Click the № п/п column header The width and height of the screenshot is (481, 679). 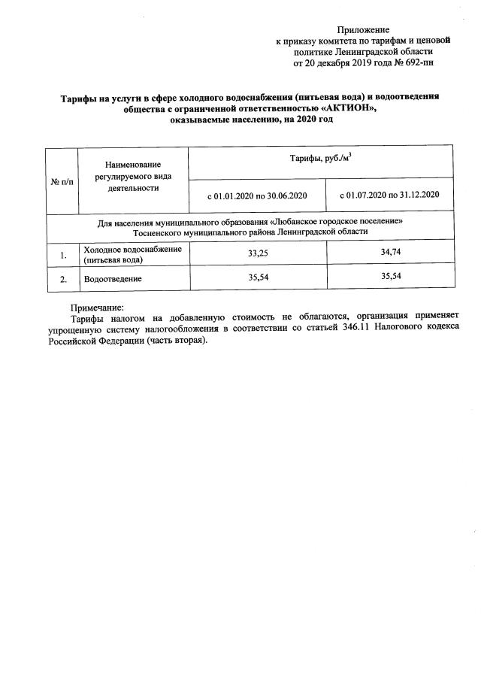[x=62, y=181]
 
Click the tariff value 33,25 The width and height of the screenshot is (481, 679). [x=258, y=254]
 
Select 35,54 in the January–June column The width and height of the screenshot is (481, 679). [x=258, y=277]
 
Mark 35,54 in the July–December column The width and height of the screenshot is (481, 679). [x=391, y=276]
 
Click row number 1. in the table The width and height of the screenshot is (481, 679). [x=64, y=256]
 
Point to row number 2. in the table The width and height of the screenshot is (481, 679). [x=64, y=279]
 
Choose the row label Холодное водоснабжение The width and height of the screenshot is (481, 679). [x=132, y=250]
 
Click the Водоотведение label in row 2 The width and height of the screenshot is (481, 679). [x=113, y=279]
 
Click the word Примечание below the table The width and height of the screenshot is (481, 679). [x=96, y=307]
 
